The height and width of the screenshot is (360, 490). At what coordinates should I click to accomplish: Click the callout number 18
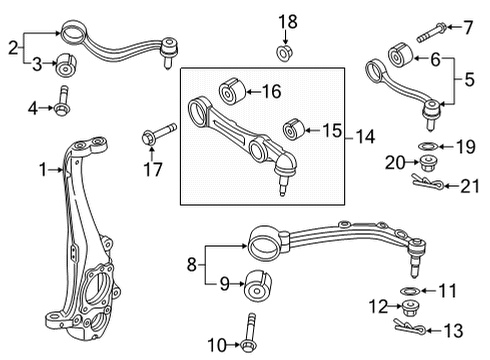click(x=288, y=22)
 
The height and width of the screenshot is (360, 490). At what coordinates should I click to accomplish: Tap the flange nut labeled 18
click(x=284, y=53)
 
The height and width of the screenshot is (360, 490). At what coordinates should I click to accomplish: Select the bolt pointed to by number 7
click(x=431, y=33)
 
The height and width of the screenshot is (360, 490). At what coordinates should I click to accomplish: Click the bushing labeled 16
click(x=232, y=91)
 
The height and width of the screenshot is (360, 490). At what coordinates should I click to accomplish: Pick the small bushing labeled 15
click(x=294, y=129)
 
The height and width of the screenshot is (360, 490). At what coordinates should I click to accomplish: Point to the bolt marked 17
click(x=159, y=134)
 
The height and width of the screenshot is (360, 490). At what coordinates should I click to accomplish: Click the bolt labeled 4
click(x=62, y=101)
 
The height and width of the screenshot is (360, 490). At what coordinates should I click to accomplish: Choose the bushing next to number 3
click(x=65, y=64)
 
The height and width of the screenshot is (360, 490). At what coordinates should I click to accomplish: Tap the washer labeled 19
click(x=428, y=146)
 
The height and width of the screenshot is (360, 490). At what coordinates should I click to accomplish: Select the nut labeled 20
click(x=428, y=163)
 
